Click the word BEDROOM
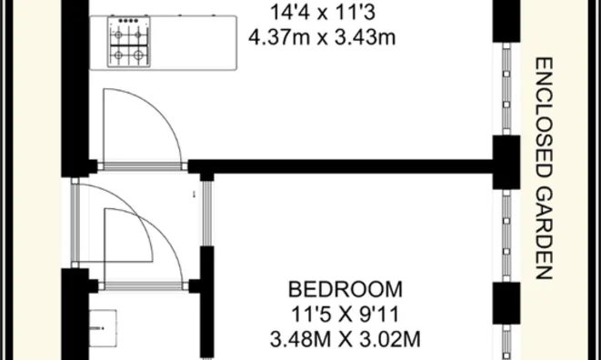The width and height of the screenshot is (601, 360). click(346, 289)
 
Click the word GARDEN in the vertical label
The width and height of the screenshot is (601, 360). click(544, 234)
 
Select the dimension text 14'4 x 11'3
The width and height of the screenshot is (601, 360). click(323, 13)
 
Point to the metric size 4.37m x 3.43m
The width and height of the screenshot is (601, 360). click(322, 38)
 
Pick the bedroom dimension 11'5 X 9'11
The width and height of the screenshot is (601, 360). click(345, 315)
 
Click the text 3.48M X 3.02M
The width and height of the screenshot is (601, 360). click(345, 340)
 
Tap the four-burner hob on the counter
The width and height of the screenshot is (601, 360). click(129, 42)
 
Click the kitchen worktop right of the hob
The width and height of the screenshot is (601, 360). click(194, 43)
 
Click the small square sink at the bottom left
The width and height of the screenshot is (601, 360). click(103, 328)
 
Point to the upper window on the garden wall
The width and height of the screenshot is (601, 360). click(506, 88)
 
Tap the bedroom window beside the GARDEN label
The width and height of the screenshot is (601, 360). click(506, 235)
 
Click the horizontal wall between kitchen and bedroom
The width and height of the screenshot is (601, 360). click(340, 166)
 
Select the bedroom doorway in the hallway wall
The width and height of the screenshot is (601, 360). click(207, 214)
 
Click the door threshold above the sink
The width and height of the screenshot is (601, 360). click(143, 286)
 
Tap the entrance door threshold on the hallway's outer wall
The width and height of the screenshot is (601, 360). click(75, 223)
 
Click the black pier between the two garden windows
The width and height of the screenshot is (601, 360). click(506, 162)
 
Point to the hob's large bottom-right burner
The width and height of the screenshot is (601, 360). click(138, 55)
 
